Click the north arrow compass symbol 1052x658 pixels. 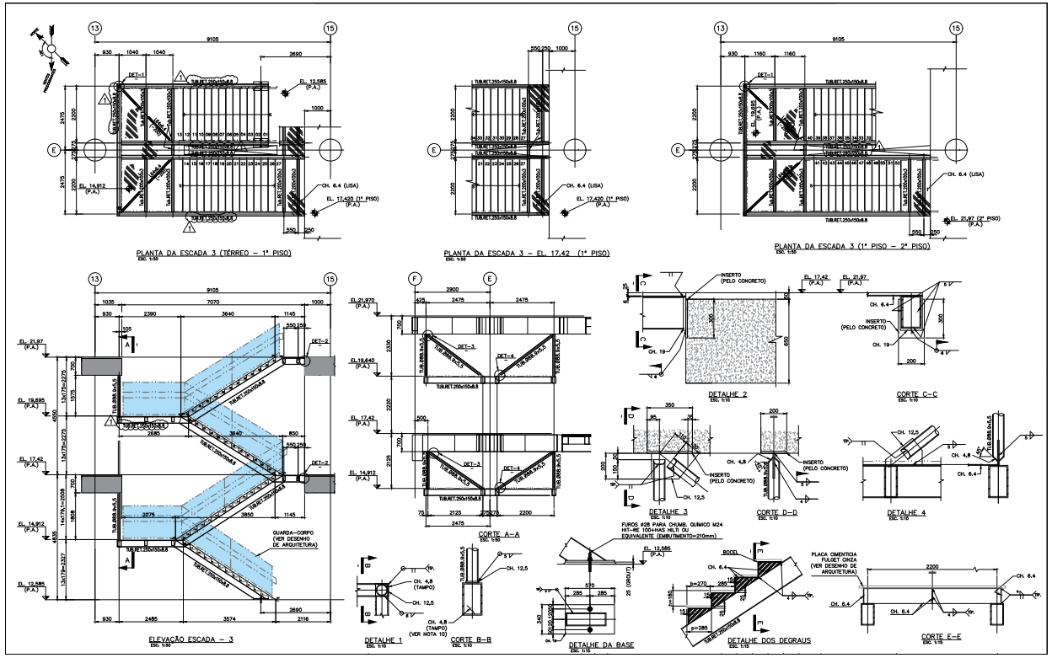(51, 49)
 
